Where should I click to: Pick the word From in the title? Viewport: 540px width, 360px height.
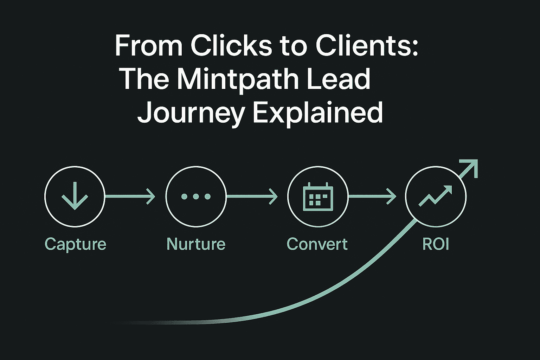149,46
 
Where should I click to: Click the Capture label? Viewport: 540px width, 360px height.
75,244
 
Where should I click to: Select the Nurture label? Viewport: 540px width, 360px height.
196,244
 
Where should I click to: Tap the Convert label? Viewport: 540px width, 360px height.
317,244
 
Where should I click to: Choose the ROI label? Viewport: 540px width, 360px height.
436,244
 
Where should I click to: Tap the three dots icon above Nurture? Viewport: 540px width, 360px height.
196,197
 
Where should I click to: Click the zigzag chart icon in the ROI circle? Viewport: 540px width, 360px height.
435,196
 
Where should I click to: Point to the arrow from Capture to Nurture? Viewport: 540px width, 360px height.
130,196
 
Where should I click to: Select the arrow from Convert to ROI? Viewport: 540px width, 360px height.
372,196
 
